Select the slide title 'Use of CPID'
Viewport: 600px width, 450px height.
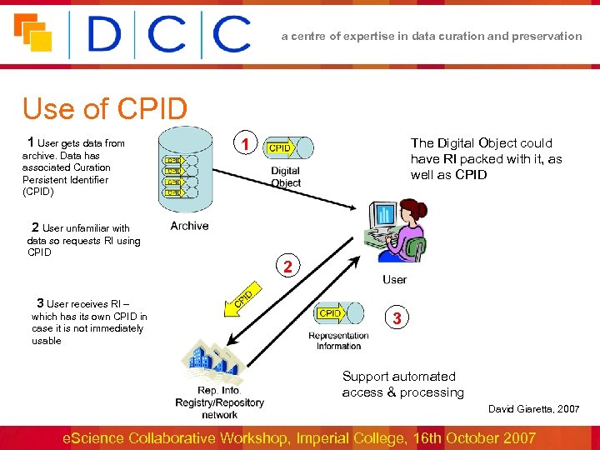coord(105,109)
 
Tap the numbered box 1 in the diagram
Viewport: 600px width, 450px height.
coord(245,145)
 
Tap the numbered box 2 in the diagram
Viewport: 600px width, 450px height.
coord(287,267)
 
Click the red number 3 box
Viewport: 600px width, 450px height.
coord(397,318)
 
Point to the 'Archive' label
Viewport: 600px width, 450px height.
coord(189,226)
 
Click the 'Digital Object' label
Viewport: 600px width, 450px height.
coord(286,177)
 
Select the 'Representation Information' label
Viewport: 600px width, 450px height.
coord(338,341)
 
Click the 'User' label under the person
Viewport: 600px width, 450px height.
coord(395,279)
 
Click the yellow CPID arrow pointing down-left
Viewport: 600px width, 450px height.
coord(240,299)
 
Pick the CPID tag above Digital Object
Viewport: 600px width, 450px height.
coord(279,147)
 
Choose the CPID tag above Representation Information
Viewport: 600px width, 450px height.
coord(330,313)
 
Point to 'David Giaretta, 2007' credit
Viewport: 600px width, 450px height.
coord(533,409)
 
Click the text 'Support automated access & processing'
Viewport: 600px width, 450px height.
coord(402,384)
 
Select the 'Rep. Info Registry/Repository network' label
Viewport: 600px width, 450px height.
coord(219,402)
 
